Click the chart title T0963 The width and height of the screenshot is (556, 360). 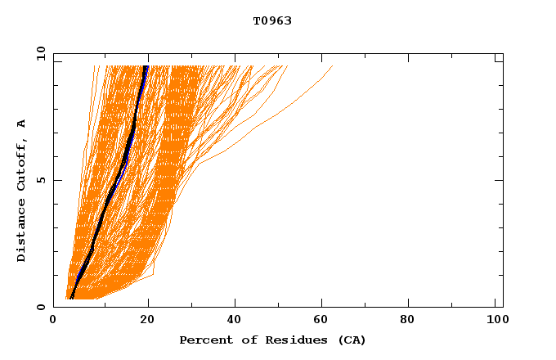[x=272, y=20]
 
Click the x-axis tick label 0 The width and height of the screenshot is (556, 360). [x=54, y=320]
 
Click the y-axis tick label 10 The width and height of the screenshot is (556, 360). [x=40, y=52]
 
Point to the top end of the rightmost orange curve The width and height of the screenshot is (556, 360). [x=333, y=65]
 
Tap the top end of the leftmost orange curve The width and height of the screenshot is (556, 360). [x=94, y=65]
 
